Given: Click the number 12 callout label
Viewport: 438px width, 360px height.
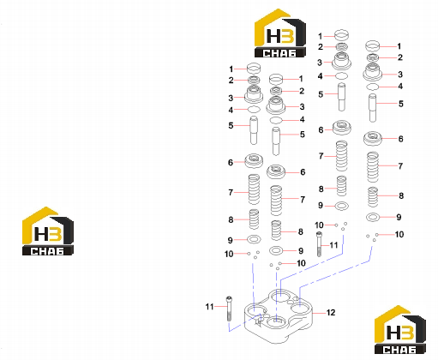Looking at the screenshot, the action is pyautogui.click(x=331, y=313).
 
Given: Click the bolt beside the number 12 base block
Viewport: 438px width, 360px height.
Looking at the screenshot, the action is pyautogui.click(x=229, y=309).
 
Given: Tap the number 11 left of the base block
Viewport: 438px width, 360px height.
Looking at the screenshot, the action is pyautogui.click(x=209, y=307).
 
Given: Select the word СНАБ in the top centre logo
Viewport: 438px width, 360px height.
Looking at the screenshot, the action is pyautogui.click(x=279, y=53).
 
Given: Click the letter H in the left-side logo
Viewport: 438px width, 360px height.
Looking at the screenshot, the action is pyautogui.click(x=41, y=233).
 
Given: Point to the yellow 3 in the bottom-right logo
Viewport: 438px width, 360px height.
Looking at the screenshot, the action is pyautogui.click(x=406, y=333).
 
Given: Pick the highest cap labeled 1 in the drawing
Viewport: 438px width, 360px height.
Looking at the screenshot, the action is pyautogui.click(x=341, y=35).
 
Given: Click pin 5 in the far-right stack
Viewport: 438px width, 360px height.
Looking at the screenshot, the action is pyautogui.click(x=372, y=108).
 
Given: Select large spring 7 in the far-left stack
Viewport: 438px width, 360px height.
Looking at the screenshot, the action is pyautogui.click(x=254, y=189).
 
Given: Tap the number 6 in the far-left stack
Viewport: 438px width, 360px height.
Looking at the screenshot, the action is pyautogui.click(x=231, y=162).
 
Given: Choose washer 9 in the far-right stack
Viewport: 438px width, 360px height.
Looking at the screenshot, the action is pyautogui.click(x=373, y=218).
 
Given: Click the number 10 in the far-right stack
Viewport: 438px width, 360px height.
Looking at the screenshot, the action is pyautogui.click(x=399, y=234).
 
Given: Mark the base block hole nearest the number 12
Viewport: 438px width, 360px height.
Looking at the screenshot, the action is pyautogui.click(x=298, y=309).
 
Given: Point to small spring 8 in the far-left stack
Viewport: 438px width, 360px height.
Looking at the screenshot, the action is pyautogui.click(x=254, y=219).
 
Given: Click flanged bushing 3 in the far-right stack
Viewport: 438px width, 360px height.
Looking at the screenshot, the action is pyautogui.click(x=372, y=72).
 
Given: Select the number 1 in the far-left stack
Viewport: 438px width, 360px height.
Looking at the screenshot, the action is pyautogui.click(x=231, y=69).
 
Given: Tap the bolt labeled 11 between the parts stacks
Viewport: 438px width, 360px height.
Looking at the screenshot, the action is pyautogui.click(x=319, y=244).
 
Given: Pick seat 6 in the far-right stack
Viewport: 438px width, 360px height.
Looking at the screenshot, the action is pyautogui.click(x=373, y=139).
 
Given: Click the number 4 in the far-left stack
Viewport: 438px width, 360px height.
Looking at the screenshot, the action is pyautogui.click(x=231, y=110).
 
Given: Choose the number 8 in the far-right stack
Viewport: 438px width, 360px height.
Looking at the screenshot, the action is pyautogui.click(x=401, y=195).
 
